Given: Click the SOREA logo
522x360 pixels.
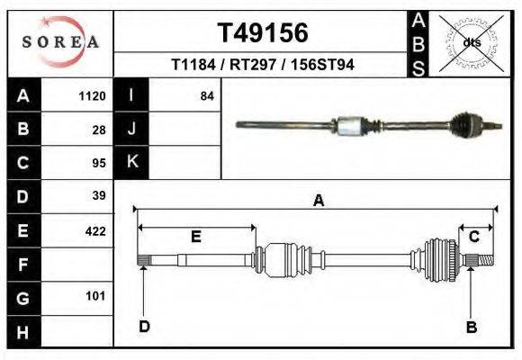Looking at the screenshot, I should (60, 41).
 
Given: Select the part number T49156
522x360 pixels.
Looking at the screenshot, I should (263, 33).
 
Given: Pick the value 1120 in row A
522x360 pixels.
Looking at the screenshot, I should (94, 95).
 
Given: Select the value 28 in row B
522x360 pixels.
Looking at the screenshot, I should (99, 130).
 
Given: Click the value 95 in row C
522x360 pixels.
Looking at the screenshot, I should (99, 163).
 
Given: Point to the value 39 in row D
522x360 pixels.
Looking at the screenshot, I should (99, 195).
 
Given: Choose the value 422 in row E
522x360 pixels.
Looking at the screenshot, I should (94, 231).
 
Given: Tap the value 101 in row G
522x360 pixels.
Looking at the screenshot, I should (96, 295).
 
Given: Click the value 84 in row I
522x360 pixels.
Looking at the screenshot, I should (207, 95).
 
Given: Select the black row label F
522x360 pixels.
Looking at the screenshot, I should (22, 265).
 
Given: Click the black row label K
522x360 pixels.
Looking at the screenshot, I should (132, 162).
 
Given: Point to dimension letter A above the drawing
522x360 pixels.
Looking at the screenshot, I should (318, 202).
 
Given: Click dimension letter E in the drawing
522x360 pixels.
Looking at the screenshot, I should (196, 237).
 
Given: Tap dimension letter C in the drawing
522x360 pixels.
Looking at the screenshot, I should (473, 237).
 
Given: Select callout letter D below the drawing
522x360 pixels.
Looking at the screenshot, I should (144, 326).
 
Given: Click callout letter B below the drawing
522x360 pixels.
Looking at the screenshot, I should (471, 327).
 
